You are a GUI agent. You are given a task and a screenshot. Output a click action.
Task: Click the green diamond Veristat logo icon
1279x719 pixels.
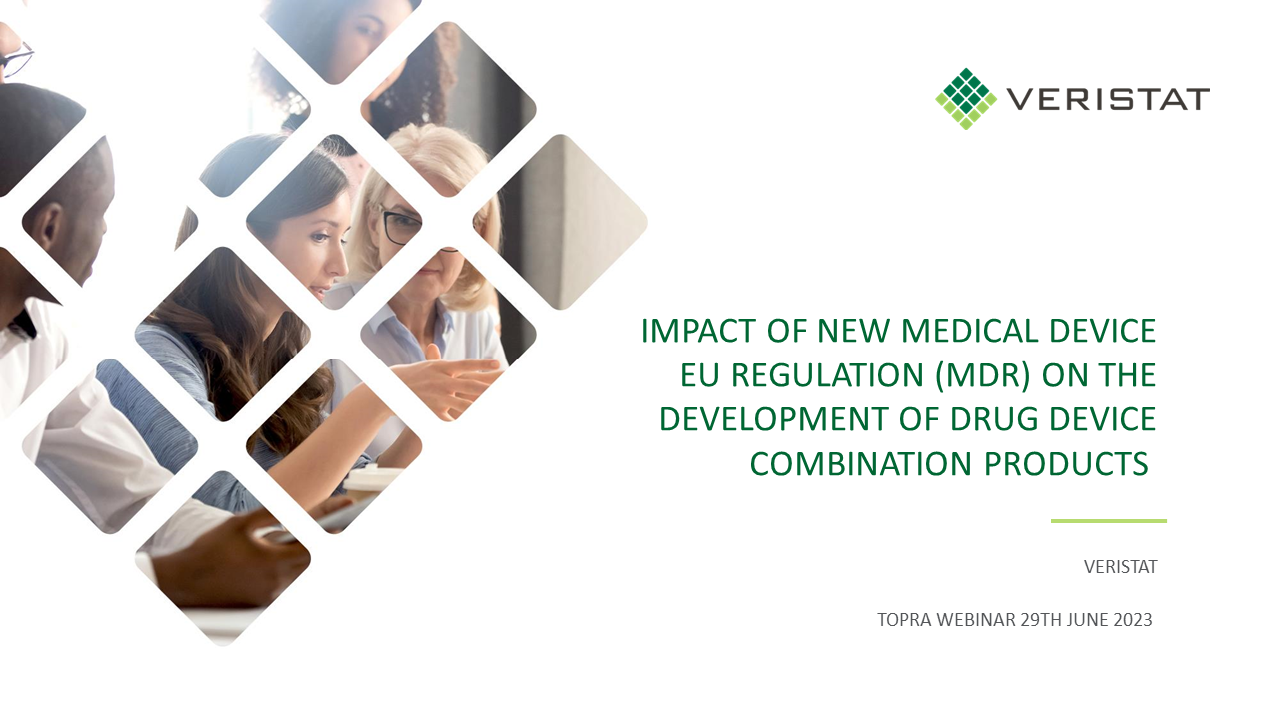pyautogui.click(x=966, y=99)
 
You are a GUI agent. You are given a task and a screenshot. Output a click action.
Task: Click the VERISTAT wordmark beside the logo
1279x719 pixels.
pyautogui.click(x=1108, y=99)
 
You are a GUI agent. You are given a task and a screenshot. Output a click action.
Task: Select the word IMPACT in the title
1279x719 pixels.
pyautogui.click(x=698, y=331)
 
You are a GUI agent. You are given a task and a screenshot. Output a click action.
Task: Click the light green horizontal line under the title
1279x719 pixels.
pyautogui.click(x=1109, y=521)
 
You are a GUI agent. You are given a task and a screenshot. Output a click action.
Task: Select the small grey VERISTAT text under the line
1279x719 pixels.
pyautogui.click(x=1121, y=567)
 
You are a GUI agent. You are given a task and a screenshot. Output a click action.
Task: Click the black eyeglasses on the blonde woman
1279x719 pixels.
pyautogui.click(x=400, y=224)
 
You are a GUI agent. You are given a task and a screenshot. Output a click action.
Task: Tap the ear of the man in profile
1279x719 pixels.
pyautogui.click(x=51, y=223)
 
